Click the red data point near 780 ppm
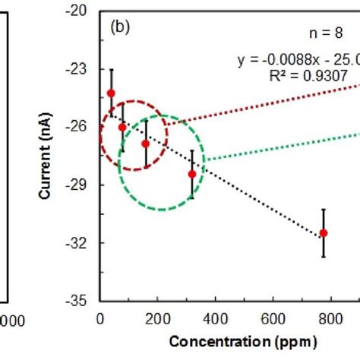point(324,233)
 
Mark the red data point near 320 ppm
point(192,174)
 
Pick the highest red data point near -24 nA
point(111,93)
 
